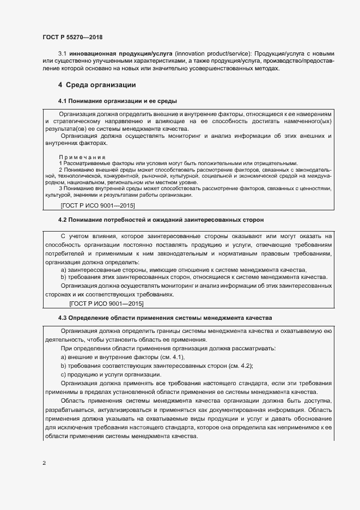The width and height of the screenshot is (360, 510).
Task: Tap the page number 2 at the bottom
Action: (44, 463)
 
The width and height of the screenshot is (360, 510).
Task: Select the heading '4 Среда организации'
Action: (97, 85)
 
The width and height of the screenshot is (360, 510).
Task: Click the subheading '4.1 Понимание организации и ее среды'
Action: (118, 101)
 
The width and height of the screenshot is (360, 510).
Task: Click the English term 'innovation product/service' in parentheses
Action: (211, 54)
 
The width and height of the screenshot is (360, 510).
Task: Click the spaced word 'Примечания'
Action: (82, 157)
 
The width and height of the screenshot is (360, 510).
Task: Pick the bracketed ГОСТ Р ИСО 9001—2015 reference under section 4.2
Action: (106, 303)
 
